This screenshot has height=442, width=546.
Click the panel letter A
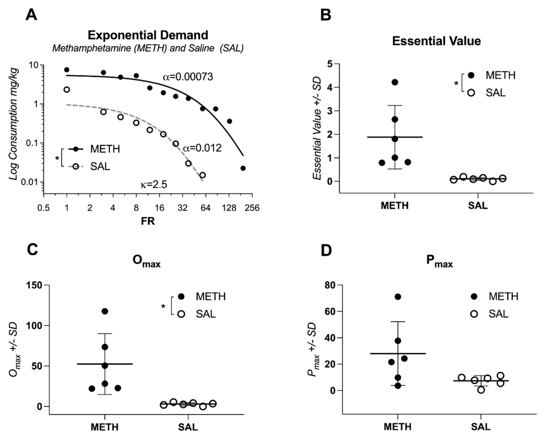(x=31, y=15)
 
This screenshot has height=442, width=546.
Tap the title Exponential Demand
(x=148, y=35)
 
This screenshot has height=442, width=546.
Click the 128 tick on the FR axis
(x=229, y=208)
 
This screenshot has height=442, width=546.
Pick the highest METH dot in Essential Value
(x=395, y=82)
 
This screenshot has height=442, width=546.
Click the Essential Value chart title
(x=436, y=41)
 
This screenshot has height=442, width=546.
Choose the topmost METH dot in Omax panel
(x=105, y=311)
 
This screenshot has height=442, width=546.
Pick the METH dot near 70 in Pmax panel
(x=398, y=297)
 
